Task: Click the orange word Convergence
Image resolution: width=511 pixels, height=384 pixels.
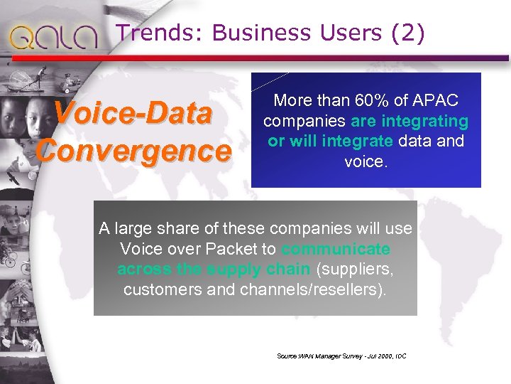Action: click(x=135, y=150)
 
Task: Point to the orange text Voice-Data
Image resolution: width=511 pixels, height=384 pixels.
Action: click(x=133, y=114)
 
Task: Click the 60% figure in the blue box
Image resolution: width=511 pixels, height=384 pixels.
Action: click(x=354, y=100)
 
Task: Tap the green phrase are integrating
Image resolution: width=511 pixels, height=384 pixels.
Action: click(x=419, y=121)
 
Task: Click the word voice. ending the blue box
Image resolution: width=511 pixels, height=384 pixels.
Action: click(x=366, y=161)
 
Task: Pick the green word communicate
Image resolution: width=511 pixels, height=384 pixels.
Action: click(x=336, y=249)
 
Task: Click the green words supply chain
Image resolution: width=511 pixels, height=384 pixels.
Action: click(x=258, y=270)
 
